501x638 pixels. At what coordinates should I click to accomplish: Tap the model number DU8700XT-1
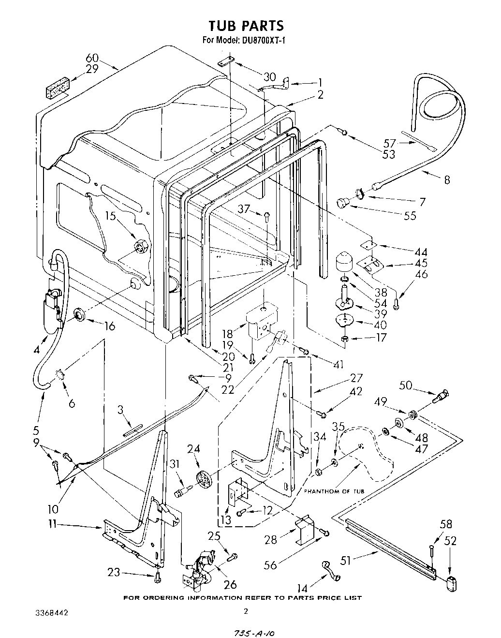pos(261,41)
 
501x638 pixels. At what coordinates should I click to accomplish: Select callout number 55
pos(409,215)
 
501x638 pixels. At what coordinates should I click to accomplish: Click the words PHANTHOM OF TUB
pos(334,491)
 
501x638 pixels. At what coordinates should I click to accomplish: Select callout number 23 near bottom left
pos(114,573)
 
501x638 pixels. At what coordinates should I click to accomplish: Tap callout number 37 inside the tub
pos(244,208)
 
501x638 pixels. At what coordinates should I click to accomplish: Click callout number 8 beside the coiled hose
pos(446,179)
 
